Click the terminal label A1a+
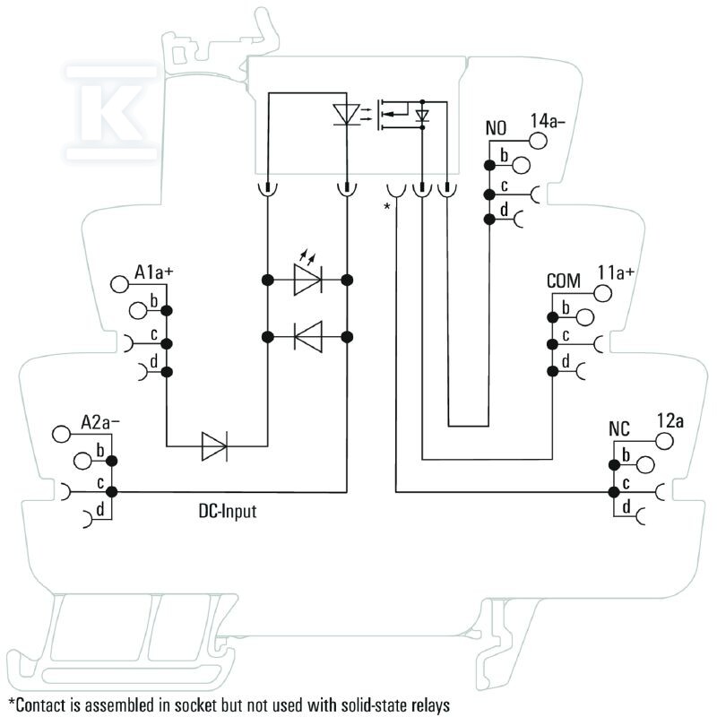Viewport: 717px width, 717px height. pos(153,272)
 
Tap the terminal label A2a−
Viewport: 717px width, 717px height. pos(100,422)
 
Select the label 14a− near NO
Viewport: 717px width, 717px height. pos(548,121)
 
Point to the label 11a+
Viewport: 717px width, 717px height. pos(616,272)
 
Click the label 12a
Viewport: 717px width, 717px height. pos(669,420)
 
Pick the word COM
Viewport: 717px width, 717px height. pos(564,281)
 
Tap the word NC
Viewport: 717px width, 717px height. pos(619,429)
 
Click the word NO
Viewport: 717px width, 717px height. pos(496,128)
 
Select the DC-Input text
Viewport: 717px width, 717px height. pos(228,511)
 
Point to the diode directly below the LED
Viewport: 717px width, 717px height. pos(308,337)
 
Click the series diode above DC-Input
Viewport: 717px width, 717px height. pos(214,445)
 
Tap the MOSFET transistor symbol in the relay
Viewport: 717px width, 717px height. pos(393,115)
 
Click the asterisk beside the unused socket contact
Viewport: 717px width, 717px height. pos(387,207)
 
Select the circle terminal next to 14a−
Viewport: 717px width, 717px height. pos(538,141)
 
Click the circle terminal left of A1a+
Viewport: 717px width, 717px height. pos(119,284)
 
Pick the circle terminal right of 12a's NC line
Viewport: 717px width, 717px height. pos(664,441)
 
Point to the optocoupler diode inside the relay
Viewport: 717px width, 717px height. pos(346,114)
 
